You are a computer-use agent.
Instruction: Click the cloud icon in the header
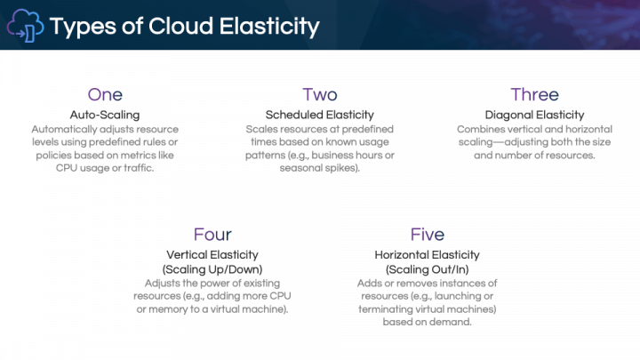tap(24, 26)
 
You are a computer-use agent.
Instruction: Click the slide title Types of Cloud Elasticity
tap(185, 26)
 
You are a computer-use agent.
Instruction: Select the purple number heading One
tap(105, 95)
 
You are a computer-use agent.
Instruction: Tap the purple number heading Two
tap(320, 95)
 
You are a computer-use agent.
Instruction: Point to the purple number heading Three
tap(534, 95)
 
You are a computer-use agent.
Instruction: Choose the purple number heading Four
tap(212, 235)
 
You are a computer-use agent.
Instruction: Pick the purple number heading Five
tap(428, 235)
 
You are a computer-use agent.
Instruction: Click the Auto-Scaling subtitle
tap(105, 115)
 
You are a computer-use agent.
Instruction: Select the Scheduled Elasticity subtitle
tap(320, 115)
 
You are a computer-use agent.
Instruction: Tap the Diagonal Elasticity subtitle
tap(534, 115)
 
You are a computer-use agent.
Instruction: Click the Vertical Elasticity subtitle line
tap(212, 254)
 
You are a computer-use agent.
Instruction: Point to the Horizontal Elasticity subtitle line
tap(428, 254)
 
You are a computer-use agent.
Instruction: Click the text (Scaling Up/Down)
tap(212, 268)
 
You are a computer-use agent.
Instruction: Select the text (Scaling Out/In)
tap(428, 268)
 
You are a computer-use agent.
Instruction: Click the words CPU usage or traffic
tap(105, 168)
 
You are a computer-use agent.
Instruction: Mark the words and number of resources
tap(534, 155)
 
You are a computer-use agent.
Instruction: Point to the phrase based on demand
tap(428, 322)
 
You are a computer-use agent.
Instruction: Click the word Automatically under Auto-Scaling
tap(61, 129)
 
